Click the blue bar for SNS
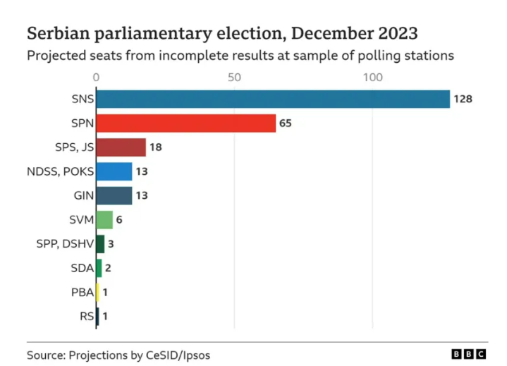click(272, 99)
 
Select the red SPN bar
click(185, 123)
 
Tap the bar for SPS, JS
click(121, 147)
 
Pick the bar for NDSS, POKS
click(114, 171)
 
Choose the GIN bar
click(114, 195)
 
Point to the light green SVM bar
click(104, 220)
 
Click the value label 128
click(463, 99)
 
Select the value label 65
click(286, 123)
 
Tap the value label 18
click(156, 147)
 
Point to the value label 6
click(120, 220)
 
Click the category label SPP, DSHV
click(65, 244)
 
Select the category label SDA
click(82, 268)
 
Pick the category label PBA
click(82, 292)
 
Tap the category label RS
click(87, 316)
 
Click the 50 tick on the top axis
click(234, 76)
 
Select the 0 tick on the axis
click(97, 76)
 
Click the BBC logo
click(468, 354)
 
